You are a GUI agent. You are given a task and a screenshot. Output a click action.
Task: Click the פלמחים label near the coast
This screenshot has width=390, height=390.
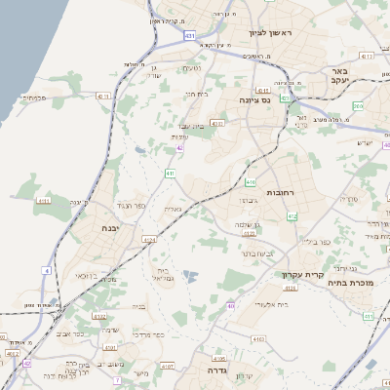[33, 97]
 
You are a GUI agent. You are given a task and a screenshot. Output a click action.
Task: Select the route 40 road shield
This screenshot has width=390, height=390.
[231, 305]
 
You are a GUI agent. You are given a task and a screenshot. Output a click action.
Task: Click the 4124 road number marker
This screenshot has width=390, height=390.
[149, 239]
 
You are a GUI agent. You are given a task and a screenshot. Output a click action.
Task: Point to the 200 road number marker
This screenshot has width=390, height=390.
[359, 105]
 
